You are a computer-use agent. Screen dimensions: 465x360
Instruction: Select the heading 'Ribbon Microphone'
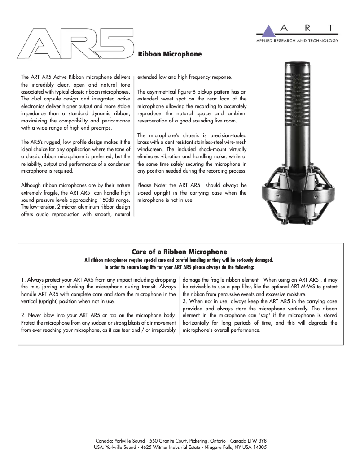(x=170, y=54)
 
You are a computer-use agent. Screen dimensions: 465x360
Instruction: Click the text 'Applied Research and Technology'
(x=297, y=40)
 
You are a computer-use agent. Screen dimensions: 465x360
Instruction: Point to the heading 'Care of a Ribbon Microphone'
(x=179, y=252)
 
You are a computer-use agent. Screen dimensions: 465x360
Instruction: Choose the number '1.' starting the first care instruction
(x=23, y=279)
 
